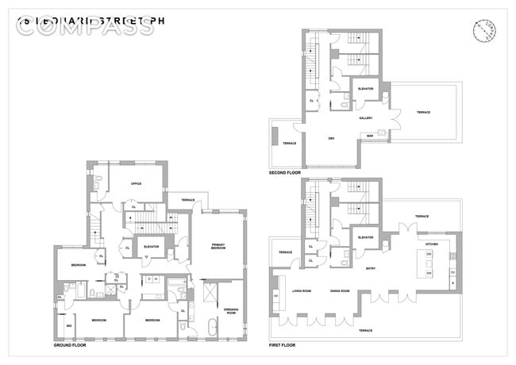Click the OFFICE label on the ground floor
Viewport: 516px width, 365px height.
click(x=125, y=183)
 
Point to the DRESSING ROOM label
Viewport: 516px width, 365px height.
click(x=233, y=310)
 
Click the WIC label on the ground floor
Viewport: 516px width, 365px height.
click(x=69, y=326)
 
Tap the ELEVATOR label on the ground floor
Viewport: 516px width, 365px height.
click(x=151, y=247)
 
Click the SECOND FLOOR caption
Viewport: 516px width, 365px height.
click(x=287, y=172)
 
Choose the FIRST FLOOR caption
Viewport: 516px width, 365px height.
click(x=285, y=346)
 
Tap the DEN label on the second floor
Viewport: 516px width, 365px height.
click(x=330, y=138)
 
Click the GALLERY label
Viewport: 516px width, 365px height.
click(x=366, y=117)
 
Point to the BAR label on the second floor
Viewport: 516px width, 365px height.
click(x=370, y=136)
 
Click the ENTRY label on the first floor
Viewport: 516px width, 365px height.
click(x=370, y=268)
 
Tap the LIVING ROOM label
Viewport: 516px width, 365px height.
click(x=300, y=291)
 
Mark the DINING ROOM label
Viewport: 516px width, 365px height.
click(x=341, y=291)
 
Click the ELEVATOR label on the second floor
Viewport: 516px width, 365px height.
click(x=366, y=88)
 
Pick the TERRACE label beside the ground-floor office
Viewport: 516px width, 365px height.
click(x=189, y=199)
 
